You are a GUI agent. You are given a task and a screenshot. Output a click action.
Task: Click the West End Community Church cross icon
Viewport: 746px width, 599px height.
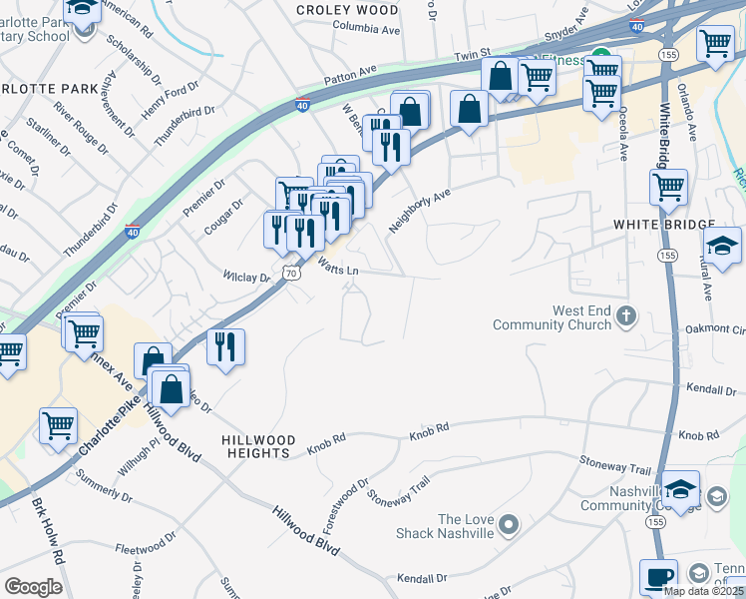(626, 317)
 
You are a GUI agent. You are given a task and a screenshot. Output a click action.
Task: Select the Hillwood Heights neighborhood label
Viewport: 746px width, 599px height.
(259, 446)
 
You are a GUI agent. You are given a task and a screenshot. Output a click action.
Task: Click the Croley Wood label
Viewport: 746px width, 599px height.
(347, 10)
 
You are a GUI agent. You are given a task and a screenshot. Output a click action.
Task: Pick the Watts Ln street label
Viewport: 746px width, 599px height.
(338, 268)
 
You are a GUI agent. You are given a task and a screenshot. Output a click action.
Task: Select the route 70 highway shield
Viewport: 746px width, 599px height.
(290, 271)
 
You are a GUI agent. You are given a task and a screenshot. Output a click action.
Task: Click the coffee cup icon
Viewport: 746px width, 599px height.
(658, 576)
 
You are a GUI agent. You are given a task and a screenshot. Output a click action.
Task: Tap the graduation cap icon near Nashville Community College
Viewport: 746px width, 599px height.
(682, 488)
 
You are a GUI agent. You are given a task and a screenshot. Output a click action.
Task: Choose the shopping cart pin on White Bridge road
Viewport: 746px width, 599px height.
(667, 186)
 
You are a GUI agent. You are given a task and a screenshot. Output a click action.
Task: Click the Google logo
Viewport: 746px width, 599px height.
(33, 587)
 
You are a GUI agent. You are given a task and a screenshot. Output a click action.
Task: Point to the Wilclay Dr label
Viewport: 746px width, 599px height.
(246, 277)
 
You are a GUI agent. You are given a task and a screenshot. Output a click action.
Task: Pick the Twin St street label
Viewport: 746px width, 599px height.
(474, 57)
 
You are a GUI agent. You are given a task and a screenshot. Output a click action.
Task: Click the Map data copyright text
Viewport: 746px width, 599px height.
(703, 591)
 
